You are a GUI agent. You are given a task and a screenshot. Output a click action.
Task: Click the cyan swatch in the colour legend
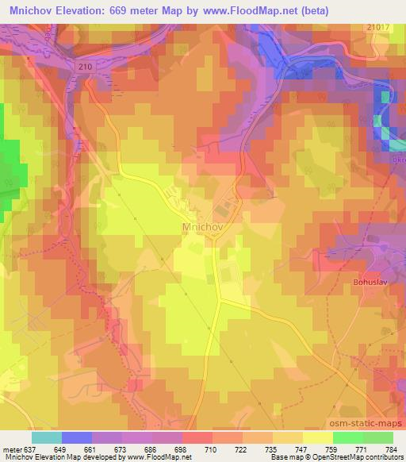pyautogui.click(x=47, y=437)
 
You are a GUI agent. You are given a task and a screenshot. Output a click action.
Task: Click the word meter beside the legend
pyautogui.click(x=12, y=449)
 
